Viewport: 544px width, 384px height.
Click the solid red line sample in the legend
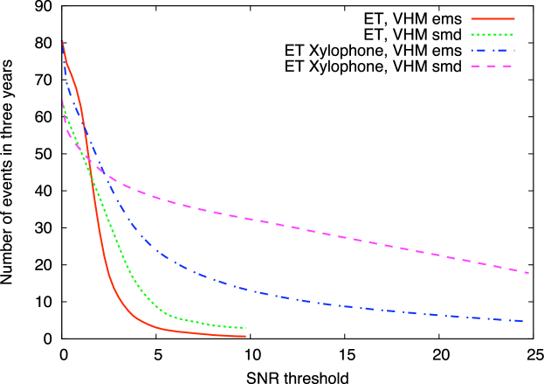tap(492, 18)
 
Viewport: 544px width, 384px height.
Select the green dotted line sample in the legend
tap(492, 34)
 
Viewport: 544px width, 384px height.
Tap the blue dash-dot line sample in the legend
tap(492, 50)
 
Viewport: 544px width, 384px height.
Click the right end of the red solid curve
tap(245, 336)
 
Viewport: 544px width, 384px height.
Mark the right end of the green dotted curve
tap(245, 328)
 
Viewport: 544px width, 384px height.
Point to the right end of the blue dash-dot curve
tap(523, 321)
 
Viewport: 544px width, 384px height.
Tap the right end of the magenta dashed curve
tap(528, 273)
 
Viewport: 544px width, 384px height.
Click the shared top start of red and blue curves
tap(62, 41)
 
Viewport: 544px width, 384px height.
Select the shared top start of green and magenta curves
tap(61, 100)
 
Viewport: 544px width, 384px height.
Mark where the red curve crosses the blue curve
tap(86, 140)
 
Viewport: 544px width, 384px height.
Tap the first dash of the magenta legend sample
tap(476, 66)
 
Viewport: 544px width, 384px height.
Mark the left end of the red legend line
tap(472, 18)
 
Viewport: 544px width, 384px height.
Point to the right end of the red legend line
tap(514, 18)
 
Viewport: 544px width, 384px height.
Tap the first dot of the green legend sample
tap(472, 34)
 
